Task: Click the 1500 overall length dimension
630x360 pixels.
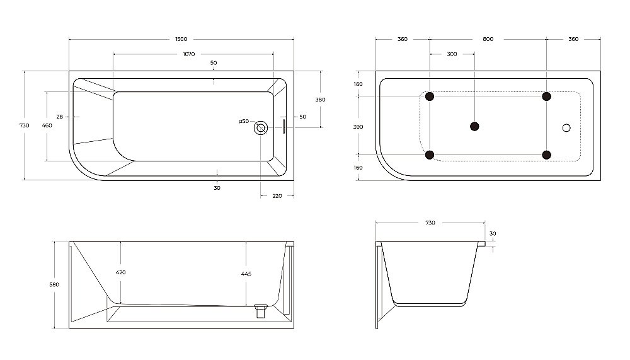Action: pos(181,39)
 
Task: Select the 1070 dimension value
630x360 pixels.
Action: pos(188,54)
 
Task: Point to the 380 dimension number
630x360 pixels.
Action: pos(320,100)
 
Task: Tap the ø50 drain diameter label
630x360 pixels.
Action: pos(244,121)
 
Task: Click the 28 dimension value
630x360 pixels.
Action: pos(59,117)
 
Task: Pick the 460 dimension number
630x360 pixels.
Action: pos(47,125)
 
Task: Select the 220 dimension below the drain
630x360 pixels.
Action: pos(277,195)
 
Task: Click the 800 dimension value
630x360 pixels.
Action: pos(488,39)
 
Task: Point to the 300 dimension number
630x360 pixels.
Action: pos(452,54)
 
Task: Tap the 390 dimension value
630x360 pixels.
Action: pos(358,127)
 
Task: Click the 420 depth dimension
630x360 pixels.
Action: pos(120,272)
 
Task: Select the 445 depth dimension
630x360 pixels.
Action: pos(246,274)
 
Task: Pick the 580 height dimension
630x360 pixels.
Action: pos(54,284)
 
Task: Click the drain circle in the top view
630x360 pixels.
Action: pos(260,128)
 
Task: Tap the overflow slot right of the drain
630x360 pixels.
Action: pos(283,126)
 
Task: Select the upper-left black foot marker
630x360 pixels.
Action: pos(430,96)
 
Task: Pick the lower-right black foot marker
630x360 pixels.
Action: pos(546,155)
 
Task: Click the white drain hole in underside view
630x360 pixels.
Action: pos(566,128)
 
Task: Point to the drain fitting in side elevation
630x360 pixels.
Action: pos(260,310)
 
